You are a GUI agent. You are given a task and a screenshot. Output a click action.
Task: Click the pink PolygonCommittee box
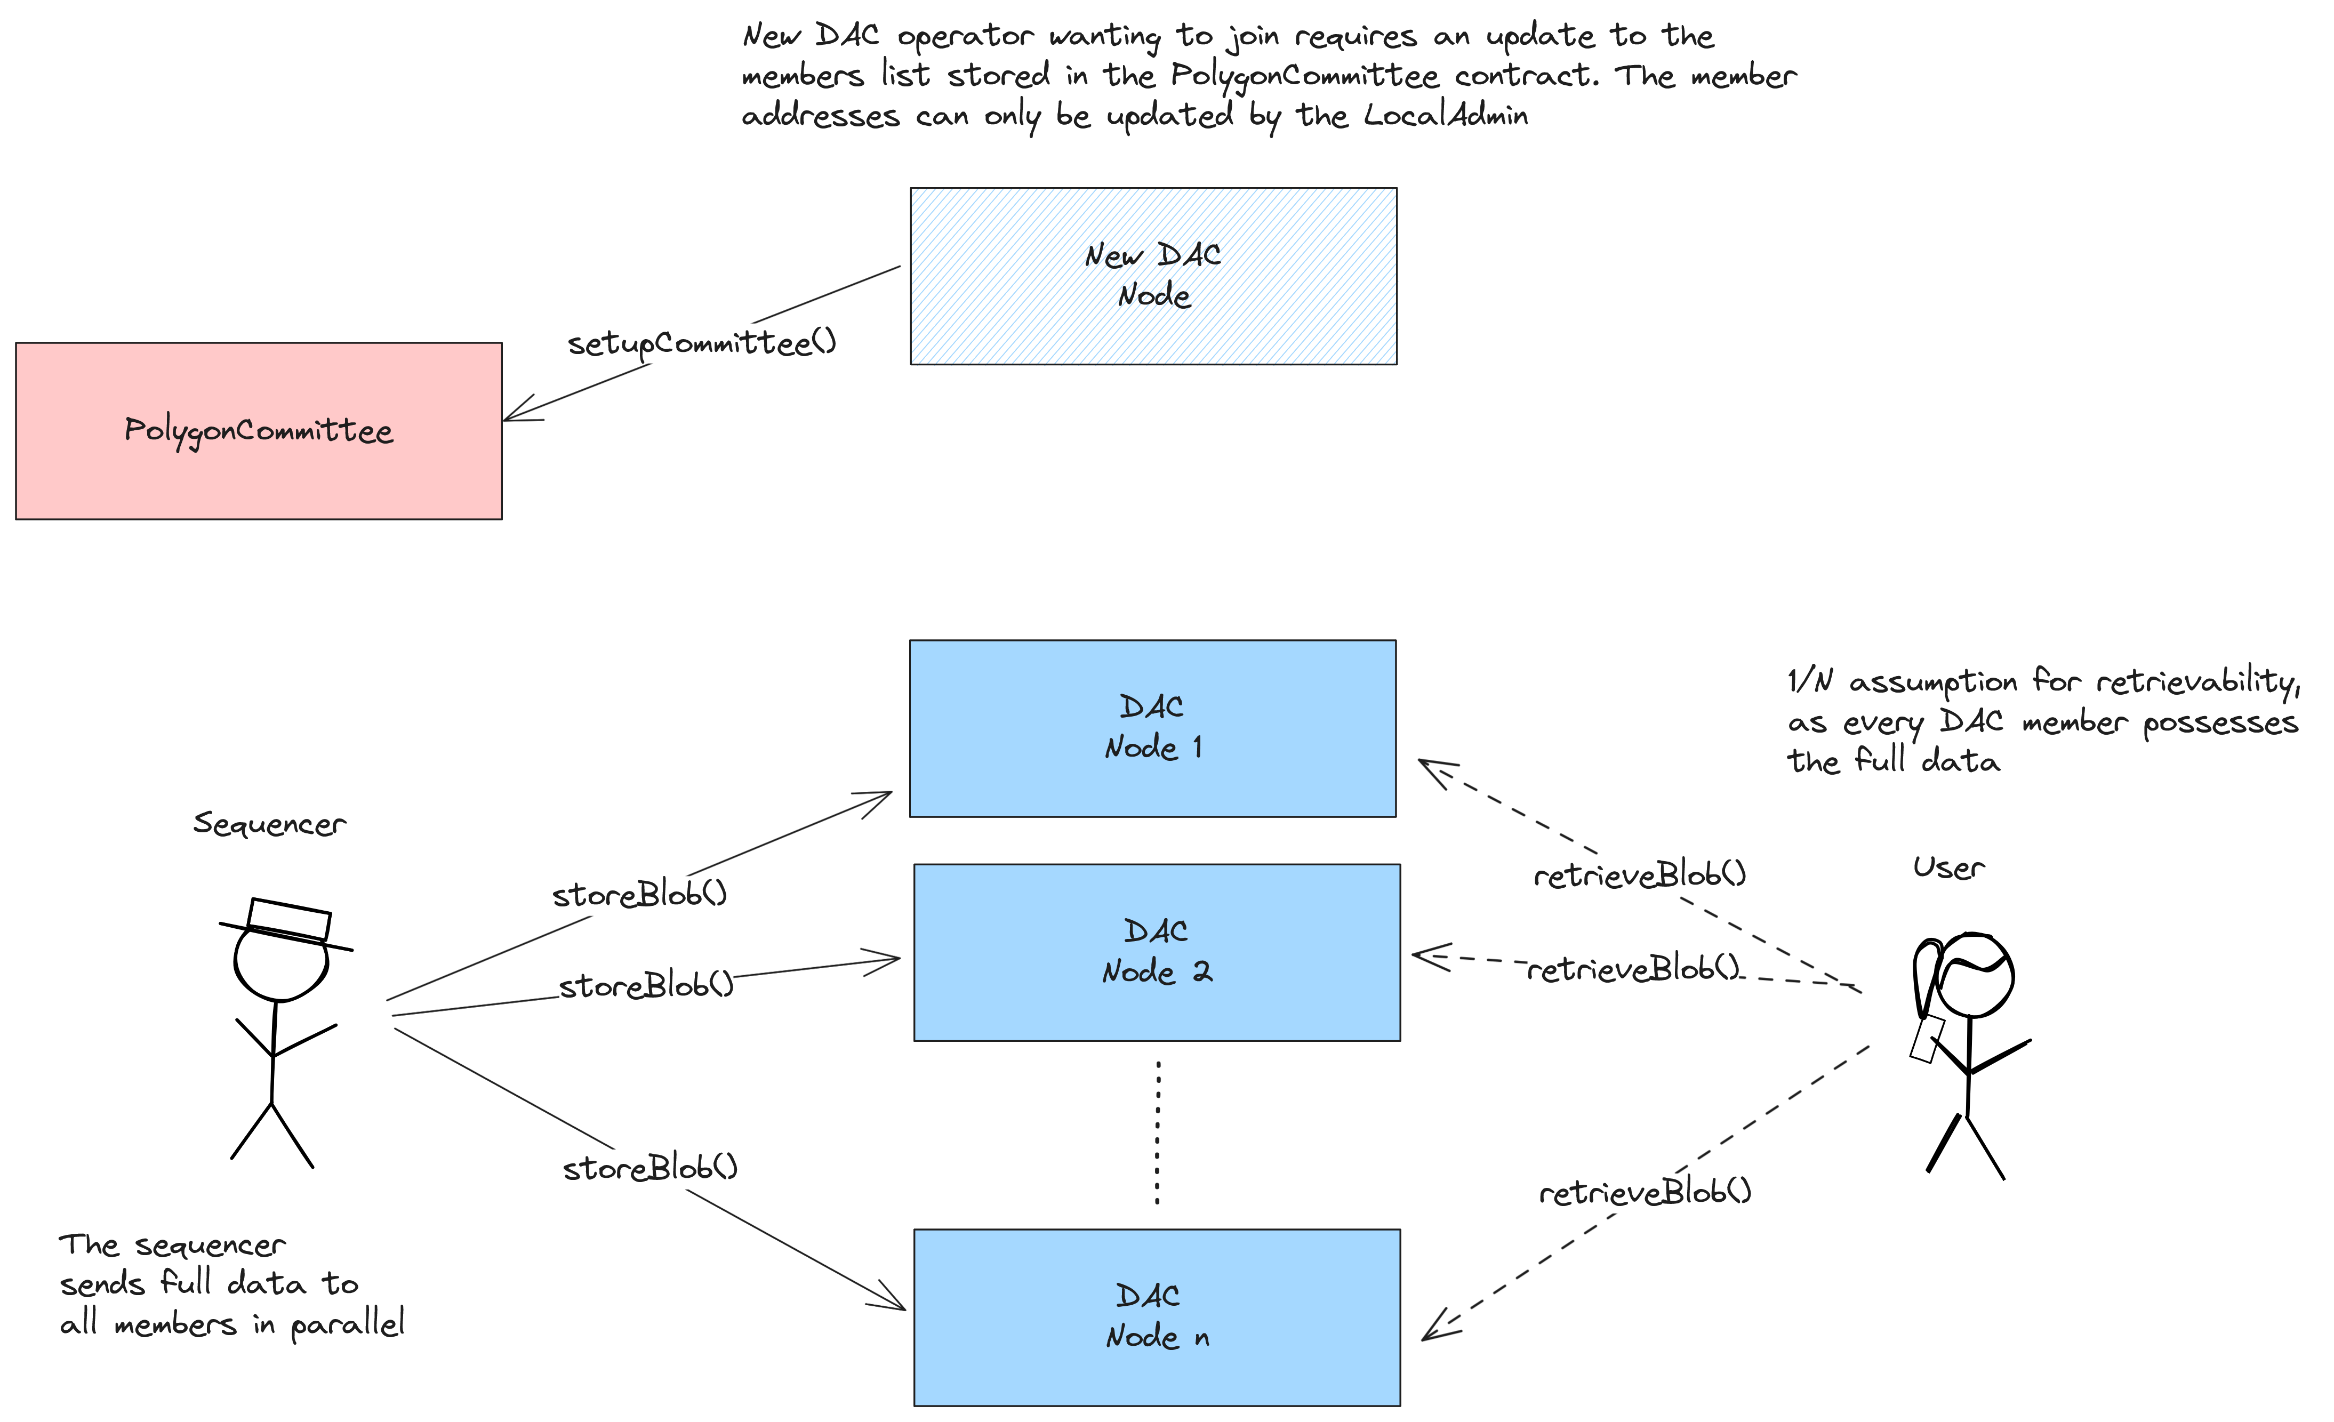click(x=259, y=431)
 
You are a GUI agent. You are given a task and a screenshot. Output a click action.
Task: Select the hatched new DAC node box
click(x=1153, y=276)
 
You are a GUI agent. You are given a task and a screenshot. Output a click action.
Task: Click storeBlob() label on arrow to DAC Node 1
click(x=639, y=894)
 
